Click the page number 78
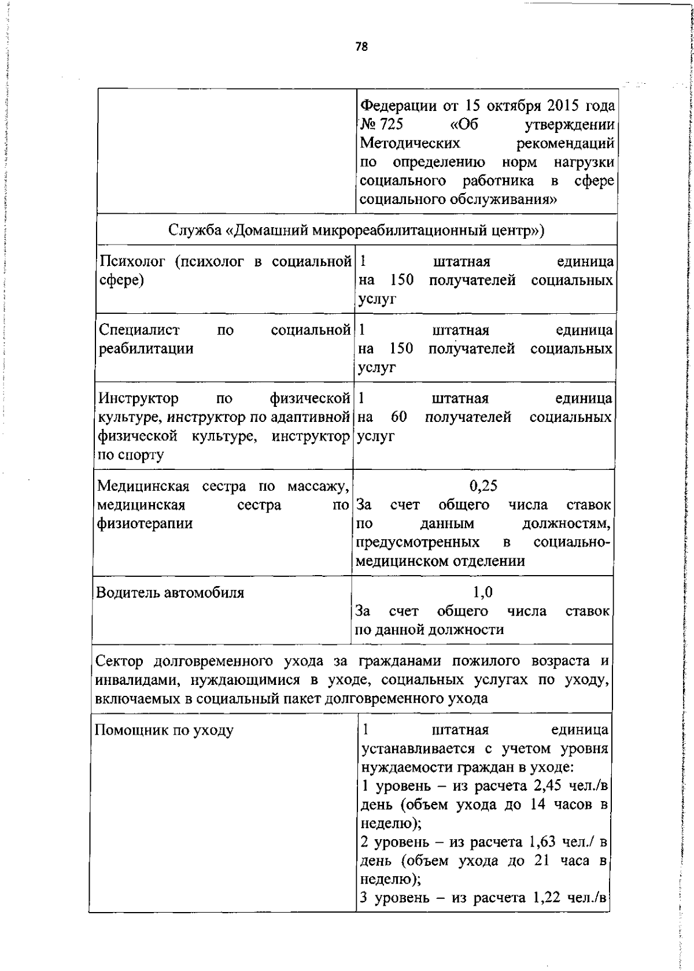pos(361,47)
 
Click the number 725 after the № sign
pos(391,124)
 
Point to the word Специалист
pos(139,330)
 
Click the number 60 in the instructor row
pos(399,417)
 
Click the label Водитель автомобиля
pos(169,592)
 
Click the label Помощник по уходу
pos(164,730)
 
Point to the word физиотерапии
pos(145,523)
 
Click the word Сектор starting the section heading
pos(122,661)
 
